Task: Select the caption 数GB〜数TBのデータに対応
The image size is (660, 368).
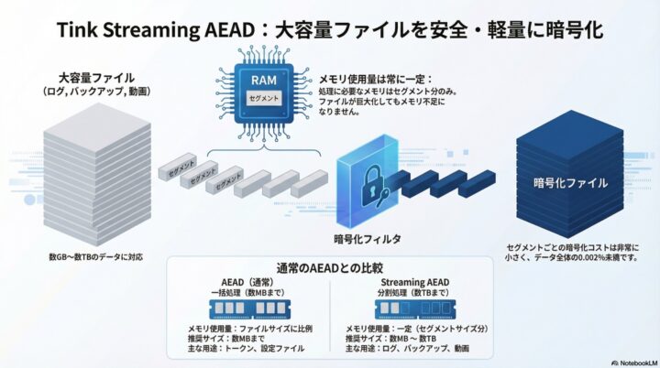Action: [96, 257]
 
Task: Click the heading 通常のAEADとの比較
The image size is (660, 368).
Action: [330, 266]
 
